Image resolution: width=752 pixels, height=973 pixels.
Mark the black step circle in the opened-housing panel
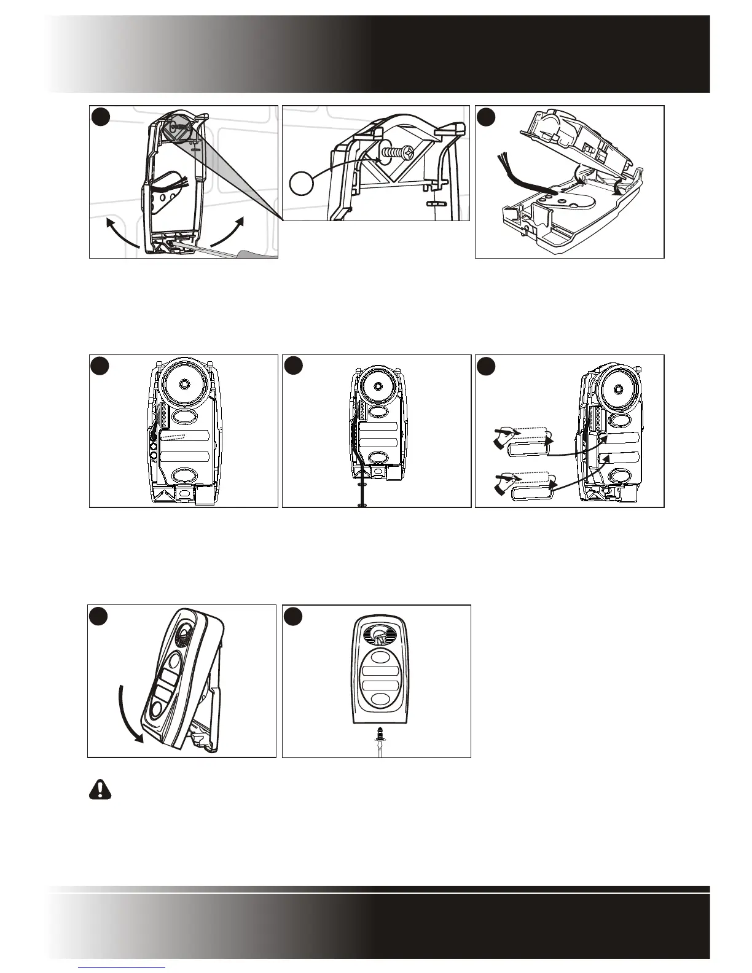click(x=487, y=117)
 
